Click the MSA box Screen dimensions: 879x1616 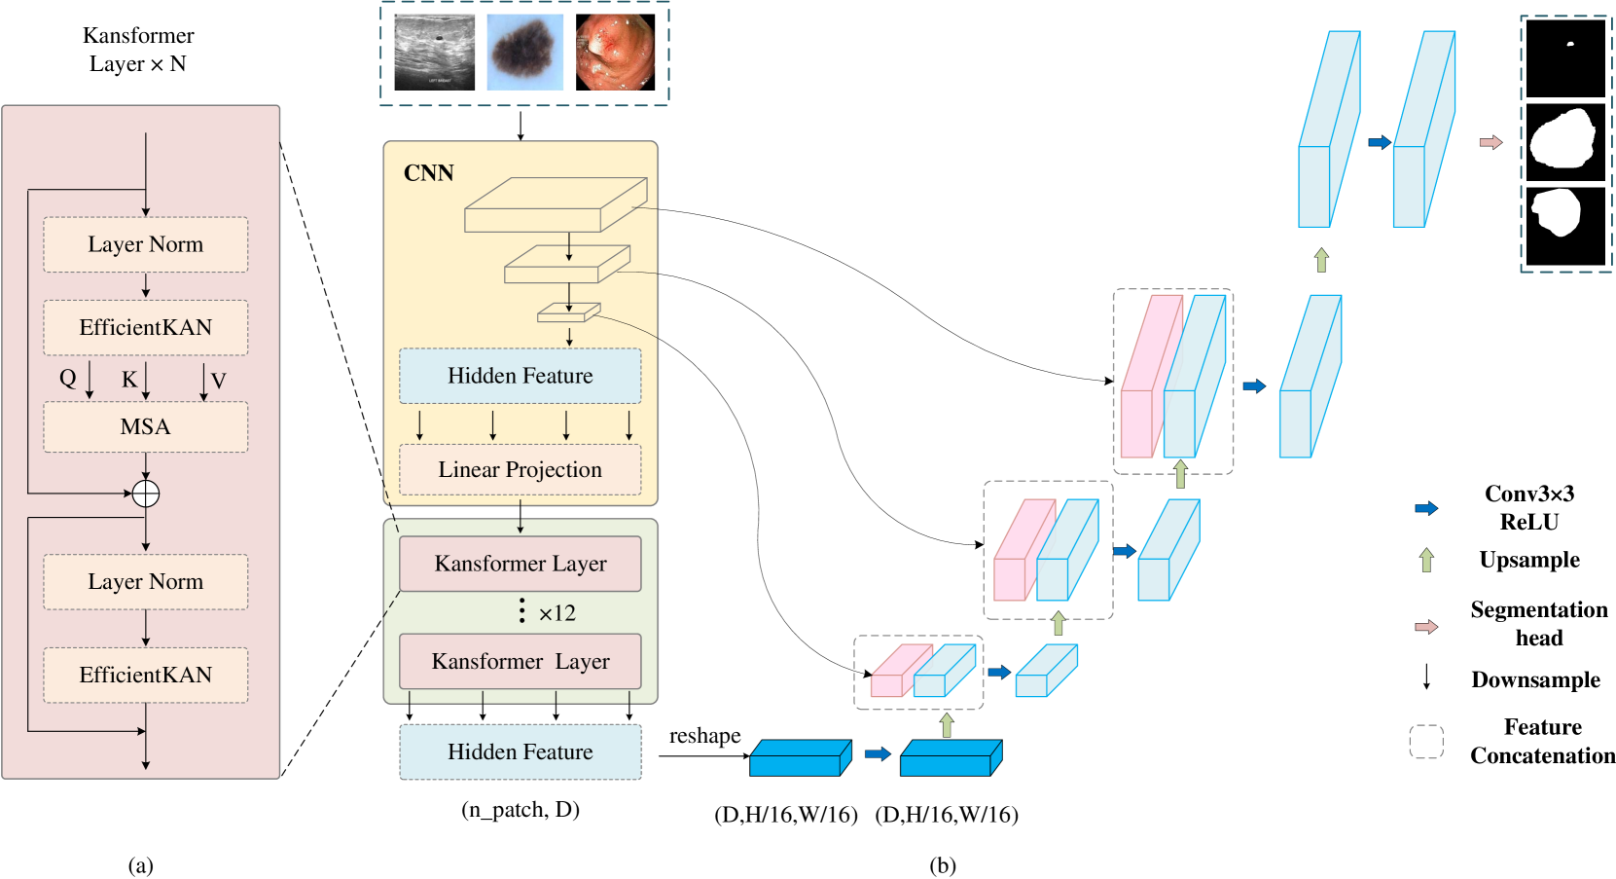click(145, 426)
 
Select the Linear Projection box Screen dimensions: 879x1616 click(520, 469)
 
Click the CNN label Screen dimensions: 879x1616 click(428, 173)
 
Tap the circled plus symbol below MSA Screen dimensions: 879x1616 click(145, 494)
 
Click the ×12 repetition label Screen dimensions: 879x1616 click(557, 613)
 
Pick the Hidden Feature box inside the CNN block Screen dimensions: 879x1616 click(520, 376)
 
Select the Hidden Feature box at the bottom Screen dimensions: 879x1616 click(520, 751)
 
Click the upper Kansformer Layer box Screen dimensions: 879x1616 click(520, 564)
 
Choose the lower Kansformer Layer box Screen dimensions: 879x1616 click(520, 661)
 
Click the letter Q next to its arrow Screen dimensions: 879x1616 click(67, 378)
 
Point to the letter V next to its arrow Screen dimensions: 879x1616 click(218, 381)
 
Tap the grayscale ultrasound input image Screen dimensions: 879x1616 click(434, 53)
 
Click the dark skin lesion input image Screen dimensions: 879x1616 click(524, 53)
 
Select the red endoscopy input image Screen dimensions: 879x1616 click(615, 53)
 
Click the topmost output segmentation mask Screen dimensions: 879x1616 click(1564, 58)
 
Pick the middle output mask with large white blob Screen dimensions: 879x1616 click(1564, 140)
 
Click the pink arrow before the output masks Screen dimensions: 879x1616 click(1490, 142)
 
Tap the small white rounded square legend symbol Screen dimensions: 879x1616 click(1425, 742)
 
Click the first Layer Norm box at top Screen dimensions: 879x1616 click(145, 244)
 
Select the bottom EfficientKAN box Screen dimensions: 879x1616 click(145, 675)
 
